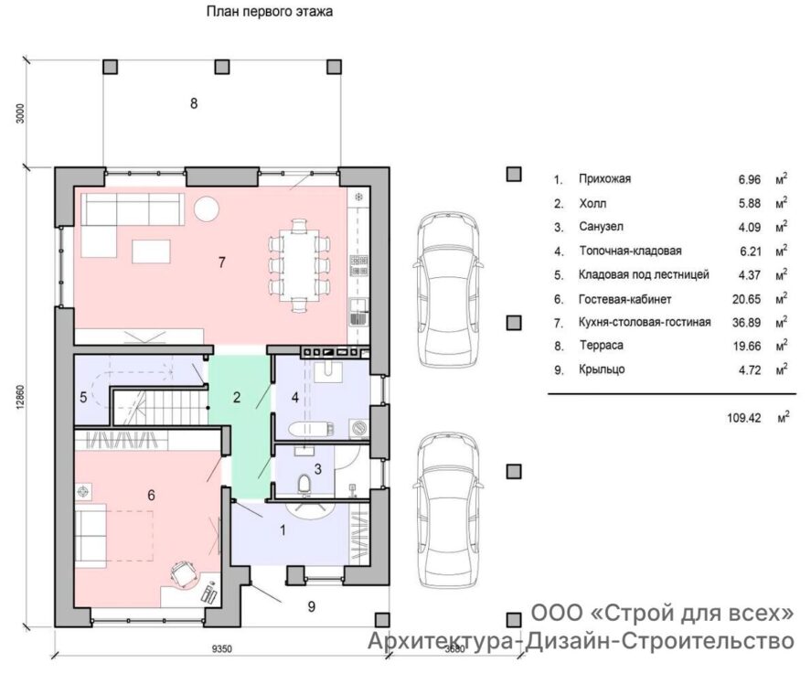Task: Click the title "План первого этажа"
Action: [x=269, y=11]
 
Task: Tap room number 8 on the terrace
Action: [x=194, y=103]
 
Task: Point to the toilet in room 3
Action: [x=304, y=484]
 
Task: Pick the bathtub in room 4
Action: [x=311, y=429]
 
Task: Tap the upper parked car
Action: [x=448, y=290]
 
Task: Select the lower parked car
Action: [x=448, y=510]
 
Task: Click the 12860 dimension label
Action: [x=20, y=398]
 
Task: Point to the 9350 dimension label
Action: [x=222, y=649]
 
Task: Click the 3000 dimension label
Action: [x=20, y=113]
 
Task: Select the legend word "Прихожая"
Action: [x=604, y=179]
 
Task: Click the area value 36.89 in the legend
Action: [x=746, y=323]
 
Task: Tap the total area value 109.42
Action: [x=743, y=418]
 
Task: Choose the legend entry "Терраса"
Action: [x=601, y=345]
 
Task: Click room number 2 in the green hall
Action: [x=237, y=398]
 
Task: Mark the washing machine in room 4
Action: [x=359, y=428]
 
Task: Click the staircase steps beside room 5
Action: [x=160, y=407]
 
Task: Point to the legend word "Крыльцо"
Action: [x=602, y=369]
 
